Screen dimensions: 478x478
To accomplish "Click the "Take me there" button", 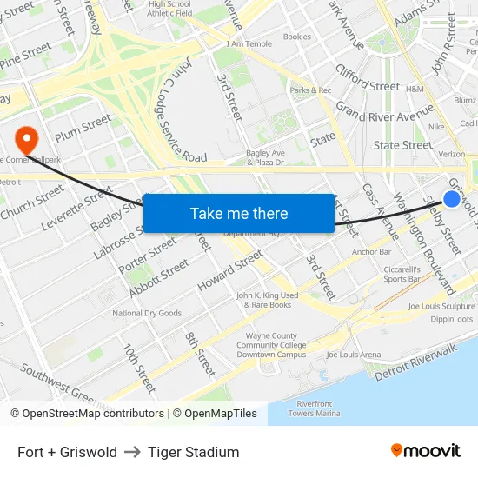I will [238, 214].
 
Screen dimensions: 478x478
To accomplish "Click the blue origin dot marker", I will [452, 199].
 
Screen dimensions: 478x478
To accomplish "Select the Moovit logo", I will [425, 451].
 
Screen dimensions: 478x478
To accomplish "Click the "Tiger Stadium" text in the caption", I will [193, 452].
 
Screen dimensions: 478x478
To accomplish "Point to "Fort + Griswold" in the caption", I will [67, 452].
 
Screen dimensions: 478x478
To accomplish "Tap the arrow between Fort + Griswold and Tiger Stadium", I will [132, 452].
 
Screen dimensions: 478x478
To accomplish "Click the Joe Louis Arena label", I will [353, 355].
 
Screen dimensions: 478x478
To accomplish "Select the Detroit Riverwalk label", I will [415, 362].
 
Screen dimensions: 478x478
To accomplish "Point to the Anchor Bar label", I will [371, 252].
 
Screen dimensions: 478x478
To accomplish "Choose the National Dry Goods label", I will [147, 313].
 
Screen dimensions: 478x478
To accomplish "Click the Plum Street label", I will [83, 129].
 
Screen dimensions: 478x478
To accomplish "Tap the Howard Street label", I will [229, 270].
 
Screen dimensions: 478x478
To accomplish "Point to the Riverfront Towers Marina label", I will [314, 408].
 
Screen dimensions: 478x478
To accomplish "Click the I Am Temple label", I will [249, 43].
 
